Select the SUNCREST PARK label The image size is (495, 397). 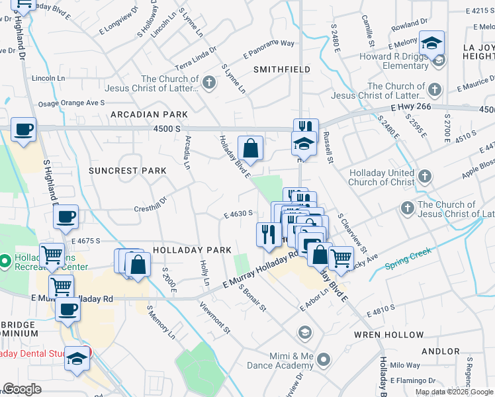pos(127,171)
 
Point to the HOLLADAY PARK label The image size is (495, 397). pos(192,250)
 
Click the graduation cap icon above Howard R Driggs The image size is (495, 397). pos(433,43)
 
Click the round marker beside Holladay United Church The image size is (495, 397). pos(424,176)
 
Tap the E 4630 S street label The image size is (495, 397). pos(239,214)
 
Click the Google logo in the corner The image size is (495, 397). pos(22,389)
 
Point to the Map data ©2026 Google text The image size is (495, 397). pos(454,392)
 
